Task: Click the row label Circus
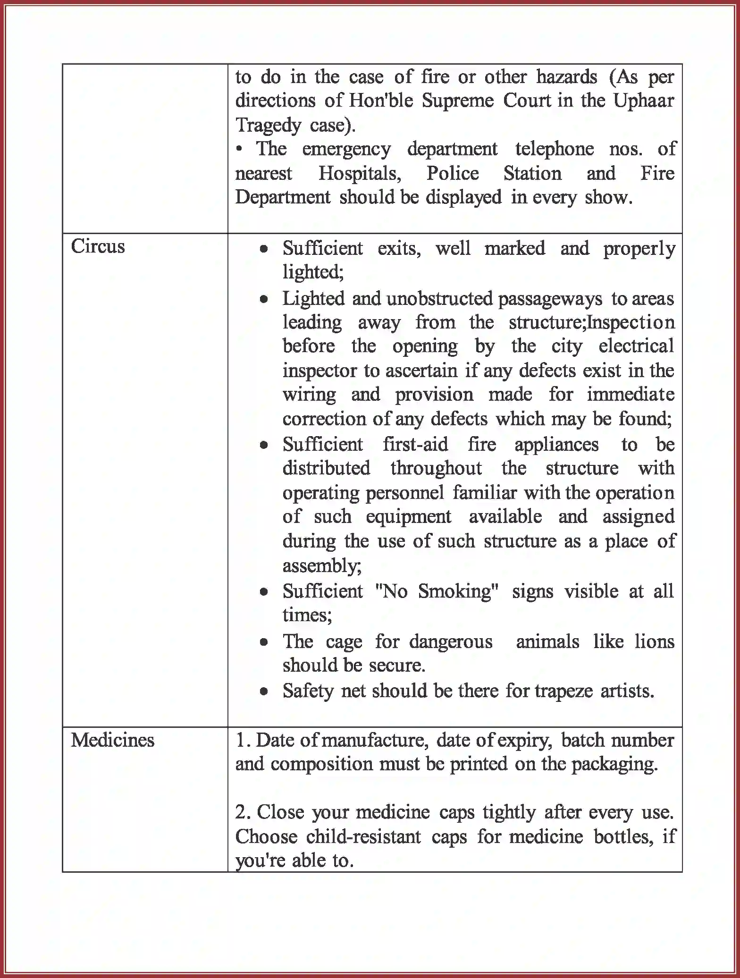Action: pos(98,246)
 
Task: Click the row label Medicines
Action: pos(112,740)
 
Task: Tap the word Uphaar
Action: pos(643,101)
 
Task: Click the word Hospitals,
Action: pos(360,173)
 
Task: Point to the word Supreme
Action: pos(457,101)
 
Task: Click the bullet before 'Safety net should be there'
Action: pos(264,691)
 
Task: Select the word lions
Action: pos(654,641)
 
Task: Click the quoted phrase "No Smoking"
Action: pos(436,591)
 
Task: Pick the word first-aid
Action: pos(415,444)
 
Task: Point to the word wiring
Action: pos(309,395)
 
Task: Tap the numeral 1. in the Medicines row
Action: pos(243,740)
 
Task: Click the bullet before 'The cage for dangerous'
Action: pos(264,642)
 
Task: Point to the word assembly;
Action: pos(322,565)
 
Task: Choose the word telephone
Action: pos(554,149)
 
